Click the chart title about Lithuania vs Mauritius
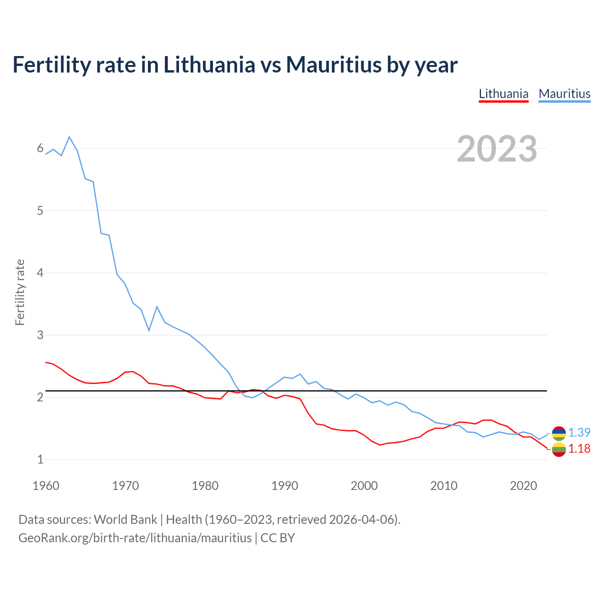[235, 65]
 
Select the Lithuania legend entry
[503, 94]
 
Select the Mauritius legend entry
[564, 94]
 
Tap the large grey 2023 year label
[497, 149]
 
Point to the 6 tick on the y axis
[40, 148]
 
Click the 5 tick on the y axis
[40, 211]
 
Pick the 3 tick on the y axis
[40, 335]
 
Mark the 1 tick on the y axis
[40, 459]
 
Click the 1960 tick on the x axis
[46, 486]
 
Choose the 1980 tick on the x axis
[205, 486]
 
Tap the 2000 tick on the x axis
[364, 486]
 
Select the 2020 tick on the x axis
[523, 486]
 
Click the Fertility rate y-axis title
[20, 292]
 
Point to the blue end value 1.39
[579, 432]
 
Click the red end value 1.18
[579, 448]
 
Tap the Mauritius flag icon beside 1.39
[559, 433]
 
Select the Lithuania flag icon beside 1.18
[559, 449]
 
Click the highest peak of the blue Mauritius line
[69, 137]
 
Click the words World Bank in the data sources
[125, 519]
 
